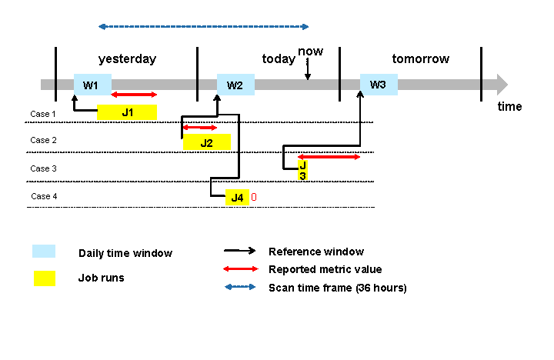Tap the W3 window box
tap(379, 84)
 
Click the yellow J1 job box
tap(127, 112)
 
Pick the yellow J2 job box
tap(207, 142)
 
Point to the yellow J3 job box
tap(303, 170)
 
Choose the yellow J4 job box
tap(237, 198)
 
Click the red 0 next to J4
tap(254, 198)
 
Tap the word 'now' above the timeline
tap(310, 52)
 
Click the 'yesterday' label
tap(127, 59)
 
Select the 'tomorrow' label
tap(420, 59)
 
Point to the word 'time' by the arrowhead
tap(509, 107)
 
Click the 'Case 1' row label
tap(43, 114)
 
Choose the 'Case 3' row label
tap(43, 168)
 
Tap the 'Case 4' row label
tap(44, 196)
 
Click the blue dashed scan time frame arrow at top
tap(203, 26)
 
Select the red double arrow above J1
tap(134, 95)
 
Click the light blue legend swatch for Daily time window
tap(44, 252)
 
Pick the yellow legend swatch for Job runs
tap(44, 278)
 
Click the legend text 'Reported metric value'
tap(325, 269)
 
